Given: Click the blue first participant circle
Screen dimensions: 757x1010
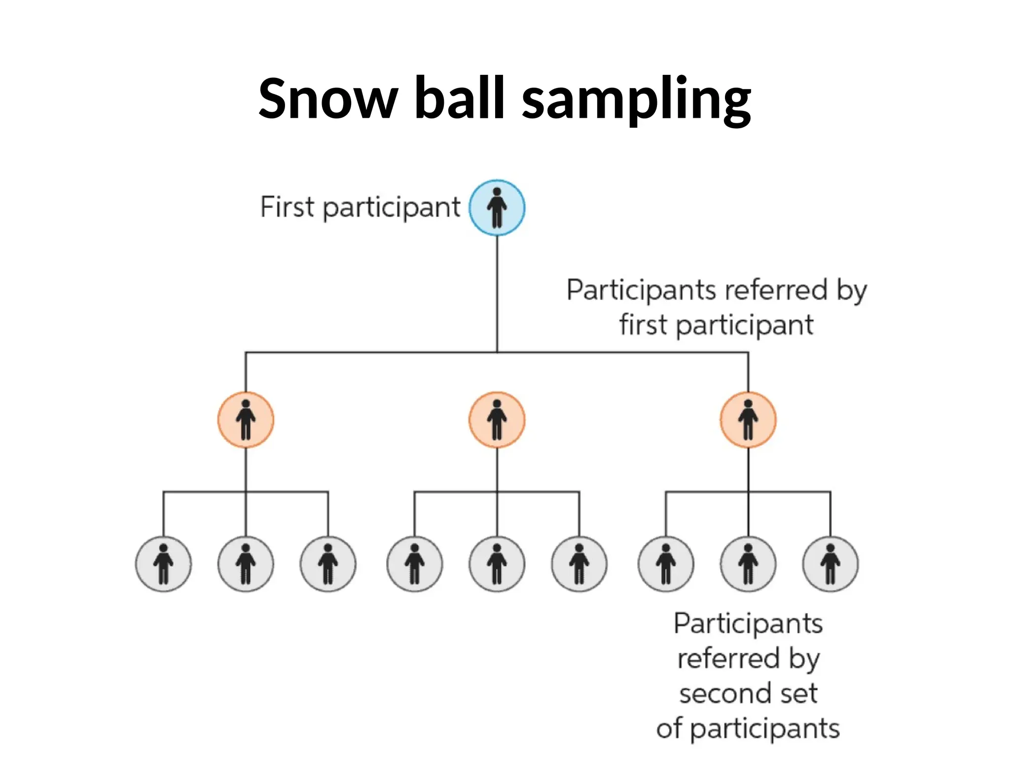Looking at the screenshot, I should (x=497, y=207).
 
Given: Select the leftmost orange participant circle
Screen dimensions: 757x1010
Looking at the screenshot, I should (x=246, y=419).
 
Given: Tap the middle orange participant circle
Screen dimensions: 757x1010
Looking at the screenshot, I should (x=497, y=419).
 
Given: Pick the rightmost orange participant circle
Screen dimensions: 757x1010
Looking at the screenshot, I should (x=748, y=419).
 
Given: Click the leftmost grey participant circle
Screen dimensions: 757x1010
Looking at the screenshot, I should (x=163, y=564).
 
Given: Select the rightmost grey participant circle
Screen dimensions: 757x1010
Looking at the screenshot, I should (x=830, y=564).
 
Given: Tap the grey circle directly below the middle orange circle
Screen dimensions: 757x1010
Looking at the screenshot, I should (x=497, y=564).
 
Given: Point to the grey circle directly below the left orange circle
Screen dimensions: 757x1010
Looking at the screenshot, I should (x=246, y=564).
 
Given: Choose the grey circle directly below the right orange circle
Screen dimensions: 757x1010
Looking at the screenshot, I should (x=748, y=564).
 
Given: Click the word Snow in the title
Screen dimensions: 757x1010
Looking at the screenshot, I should (x=328, y=99).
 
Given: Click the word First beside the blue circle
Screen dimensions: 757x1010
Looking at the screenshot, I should (x=287, y=207).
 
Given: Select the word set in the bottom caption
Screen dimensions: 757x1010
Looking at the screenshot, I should (x=799, y=693).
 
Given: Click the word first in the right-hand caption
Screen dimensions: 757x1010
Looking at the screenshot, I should (x=643, y=325).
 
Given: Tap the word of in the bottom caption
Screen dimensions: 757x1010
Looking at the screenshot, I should (x=669, y=728).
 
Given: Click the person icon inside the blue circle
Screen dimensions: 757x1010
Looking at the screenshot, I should (x=497, y=207).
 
